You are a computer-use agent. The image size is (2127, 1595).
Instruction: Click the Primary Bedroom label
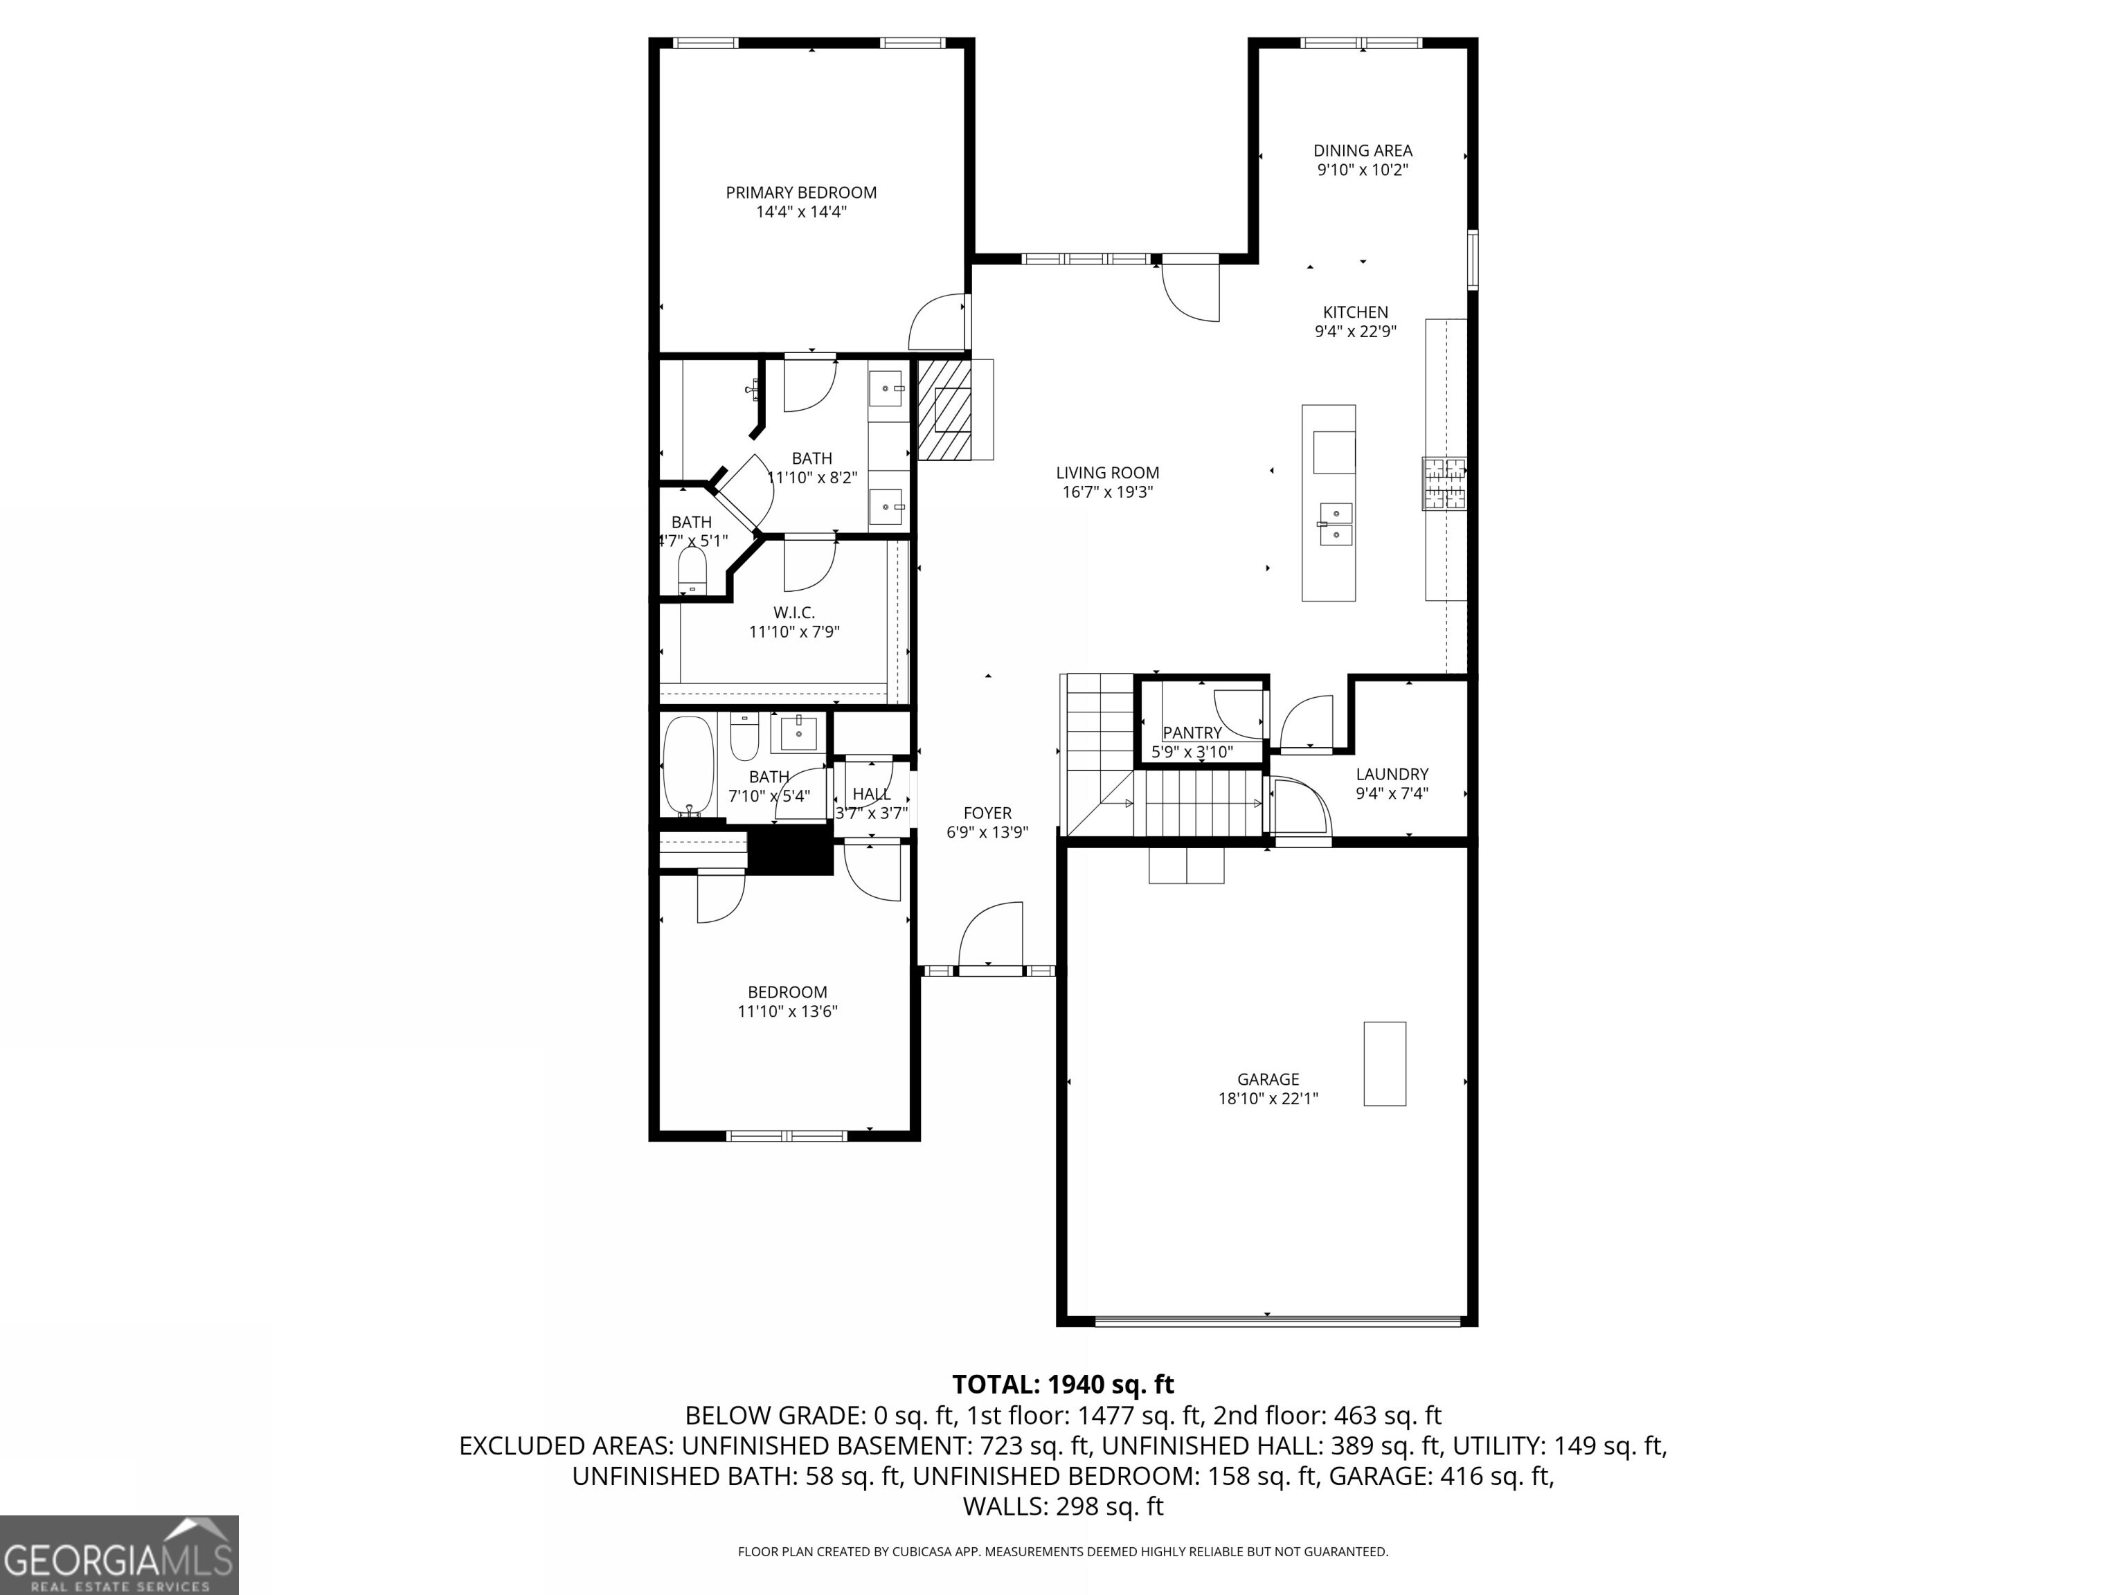801,192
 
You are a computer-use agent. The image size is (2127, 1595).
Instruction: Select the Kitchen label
1355,312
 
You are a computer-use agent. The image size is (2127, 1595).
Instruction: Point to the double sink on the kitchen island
1336,524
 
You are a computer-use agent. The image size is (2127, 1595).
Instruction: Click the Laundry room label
1392,774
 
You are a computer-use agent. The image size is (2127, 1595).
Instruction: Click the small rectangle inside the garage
1385,1063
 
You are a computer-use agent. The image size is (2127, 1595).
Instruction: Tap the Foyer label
987,813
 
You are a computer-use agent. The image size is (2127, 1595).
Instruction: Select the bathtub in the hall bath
688,766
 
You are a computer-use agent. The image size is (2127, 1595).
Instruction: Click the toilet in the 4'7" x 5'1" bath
692,571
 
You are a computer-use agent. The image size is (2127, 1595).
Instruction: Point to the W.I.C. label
794,613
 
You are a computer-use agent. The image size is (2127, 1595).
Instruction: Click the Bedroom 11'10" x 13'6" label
787,992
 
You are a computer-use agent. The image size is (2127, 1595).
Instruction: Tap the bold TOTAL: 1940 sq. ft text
1063,1385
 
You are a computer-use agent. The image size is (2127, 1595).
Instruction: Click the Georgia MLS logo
119,1555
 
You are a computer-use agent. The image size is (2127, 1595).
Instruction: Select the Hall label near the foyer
871,794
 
